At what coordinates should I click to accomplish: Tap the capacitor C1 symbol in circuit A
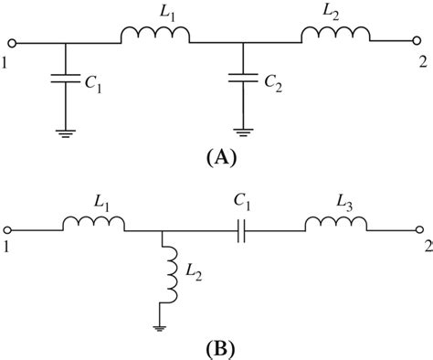(x=65, y=81)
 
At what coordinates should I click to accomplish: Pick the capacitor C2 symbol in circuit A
(x=242, y=81)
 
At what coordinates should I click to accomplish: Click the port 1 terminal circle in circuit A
(x=10, y=42)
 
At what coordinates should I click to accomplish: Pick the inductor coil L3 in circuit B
(x=336, y=224)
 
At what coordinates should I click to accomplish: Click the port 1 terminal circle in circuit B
(x=10, y=229)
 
